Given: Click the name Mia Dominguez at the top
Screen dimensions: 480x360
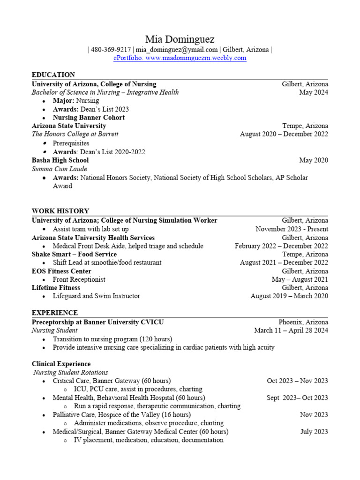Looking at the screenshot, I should coord(180,39).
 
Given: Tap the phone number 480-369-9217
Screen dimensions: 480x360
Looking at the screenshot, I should coord(111,50).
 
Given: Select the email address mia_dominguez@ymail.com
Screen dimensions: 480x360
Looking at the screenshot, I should coord(177,50).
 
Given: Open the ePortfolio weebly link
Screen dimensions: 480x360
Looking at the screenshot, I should coord(180,58).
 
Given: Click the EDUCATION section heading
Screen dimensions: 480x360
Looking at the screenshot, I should coord(53,75).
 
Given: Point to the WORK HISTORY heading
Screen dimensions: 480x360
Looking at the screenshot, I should coord(60,211).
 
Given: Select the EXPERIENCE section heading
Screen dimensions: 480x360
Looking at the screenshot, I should coord(55,313).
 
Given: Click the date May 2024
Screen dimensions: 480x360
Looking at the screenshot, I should coord(314,92).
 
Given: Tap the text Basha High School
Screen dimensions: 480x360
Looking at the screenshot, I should coord(60,160).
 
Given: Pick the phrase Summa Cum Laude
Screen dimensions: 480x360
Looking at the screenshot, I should coord(59,169).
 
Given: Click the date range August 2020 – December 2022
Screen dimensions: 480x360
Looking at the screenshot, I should coord(284,134).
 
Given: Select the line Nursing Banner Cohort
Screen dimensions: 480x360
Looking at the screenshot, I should coord(89,118).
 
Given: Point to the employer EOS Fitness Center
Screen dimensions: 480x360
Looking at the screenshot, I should coord(61,271).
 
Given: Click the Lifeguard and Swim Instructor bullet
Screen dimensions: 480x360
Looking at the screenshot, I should coord(96,296).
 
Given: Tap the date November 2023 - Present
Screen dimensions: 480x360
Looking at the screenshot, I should coord(292,229).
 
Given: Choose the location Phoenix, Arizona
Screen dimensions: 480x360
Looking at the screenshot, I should coord(303,322).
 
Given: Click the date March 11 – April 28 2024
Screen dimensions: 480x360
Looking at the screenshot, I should coord(291,330).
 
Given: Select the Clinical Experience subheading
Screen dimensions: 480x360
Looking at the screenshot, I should coord(61,364).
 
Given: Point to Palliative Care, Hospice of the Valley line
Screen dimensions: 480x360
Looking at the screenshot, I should coord(121,415).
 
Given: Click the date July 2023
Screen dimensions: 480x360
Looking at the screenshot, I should coord(314,432).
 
